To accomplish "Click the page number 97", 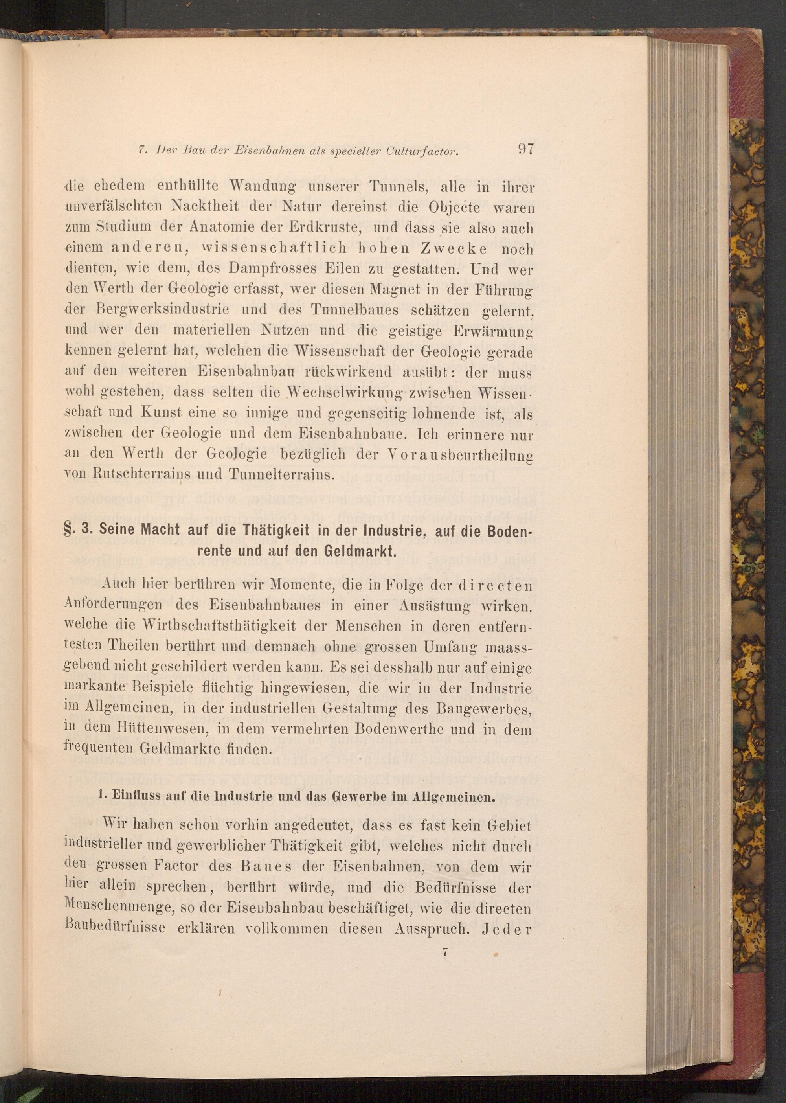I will [x=525, y=148].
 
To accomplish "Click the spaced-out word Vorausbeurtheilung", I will [x=460, y=456].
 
